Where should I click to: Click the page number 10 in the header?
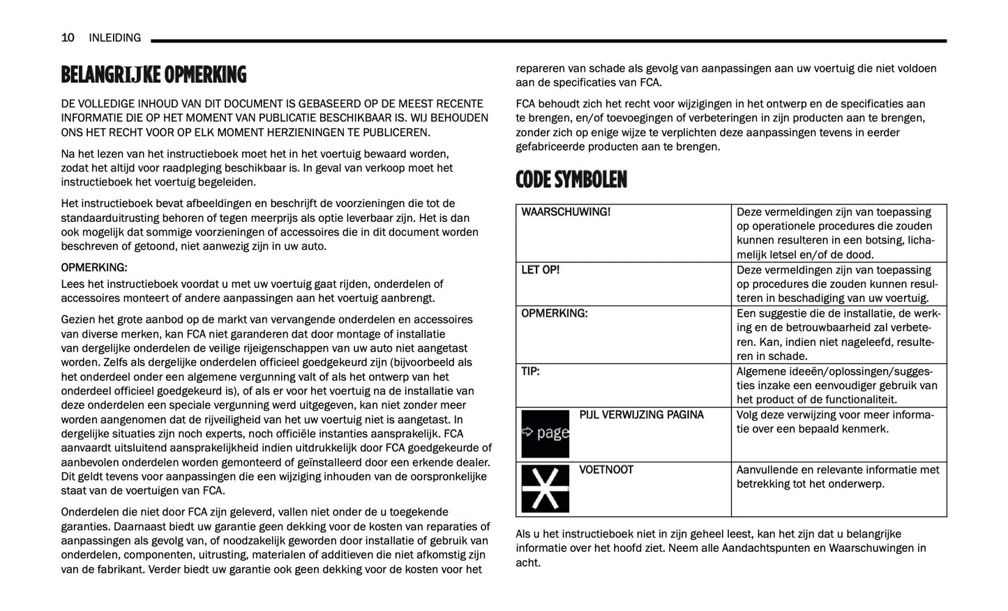(68, 38)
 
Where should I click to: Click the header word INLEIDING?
(114, 38)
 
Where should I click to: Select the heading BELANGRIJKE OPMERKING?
(153, 75)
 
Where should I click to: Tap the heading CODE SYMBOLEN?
(571, 180)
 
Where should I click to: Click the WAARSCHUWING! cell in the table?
(566, 212)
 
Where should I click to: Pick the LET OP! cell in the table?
(541, 270)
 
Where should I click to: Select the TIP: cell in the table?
(531, 372)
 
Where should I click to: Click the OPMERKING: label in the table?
(555, 314)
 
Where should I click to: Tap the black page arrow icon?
(546, 433)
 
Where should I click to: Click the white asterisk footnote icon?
(546, 488)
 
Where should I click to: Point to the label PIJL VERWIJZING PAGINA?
(641, 415)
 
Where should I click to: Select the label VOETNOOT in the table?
(606, 470)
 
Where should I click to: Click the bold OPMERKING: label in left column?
(94, 268)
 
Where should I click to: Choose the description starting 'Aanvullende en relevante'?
(837, 477)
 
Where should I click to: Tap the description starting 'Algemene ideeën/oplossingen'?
(837, 386)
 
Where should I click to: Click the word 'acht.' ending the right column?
(528, 563)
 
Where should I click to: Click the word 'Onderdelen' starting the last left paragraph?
(89, 512)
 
